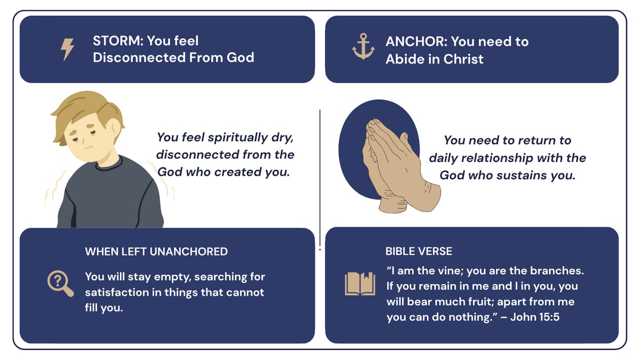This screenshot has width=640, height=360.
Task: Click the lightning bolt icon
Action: [67, 50]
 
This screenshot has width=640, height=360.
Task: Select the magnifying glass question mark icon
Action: [60, 284]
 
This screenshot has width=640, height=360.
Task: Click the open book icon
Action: [360, 284]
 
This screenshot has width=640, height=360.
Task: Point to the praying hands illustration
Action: [400, 166]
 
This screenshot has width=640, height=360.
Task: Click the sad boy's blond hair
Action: [86, 114]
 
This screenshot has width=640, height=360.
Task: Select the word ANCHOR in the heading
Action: [416, 42]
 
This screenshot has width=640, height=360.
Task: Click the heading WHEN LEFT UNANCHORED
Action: [157, 252]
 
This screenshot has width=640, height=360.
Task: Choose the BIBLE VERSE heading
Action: [419, 252]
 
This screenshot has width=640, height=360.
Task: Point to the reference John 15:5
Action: [534, 317]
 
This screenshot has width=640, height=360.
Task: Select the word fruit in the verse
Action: [480, 302]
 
